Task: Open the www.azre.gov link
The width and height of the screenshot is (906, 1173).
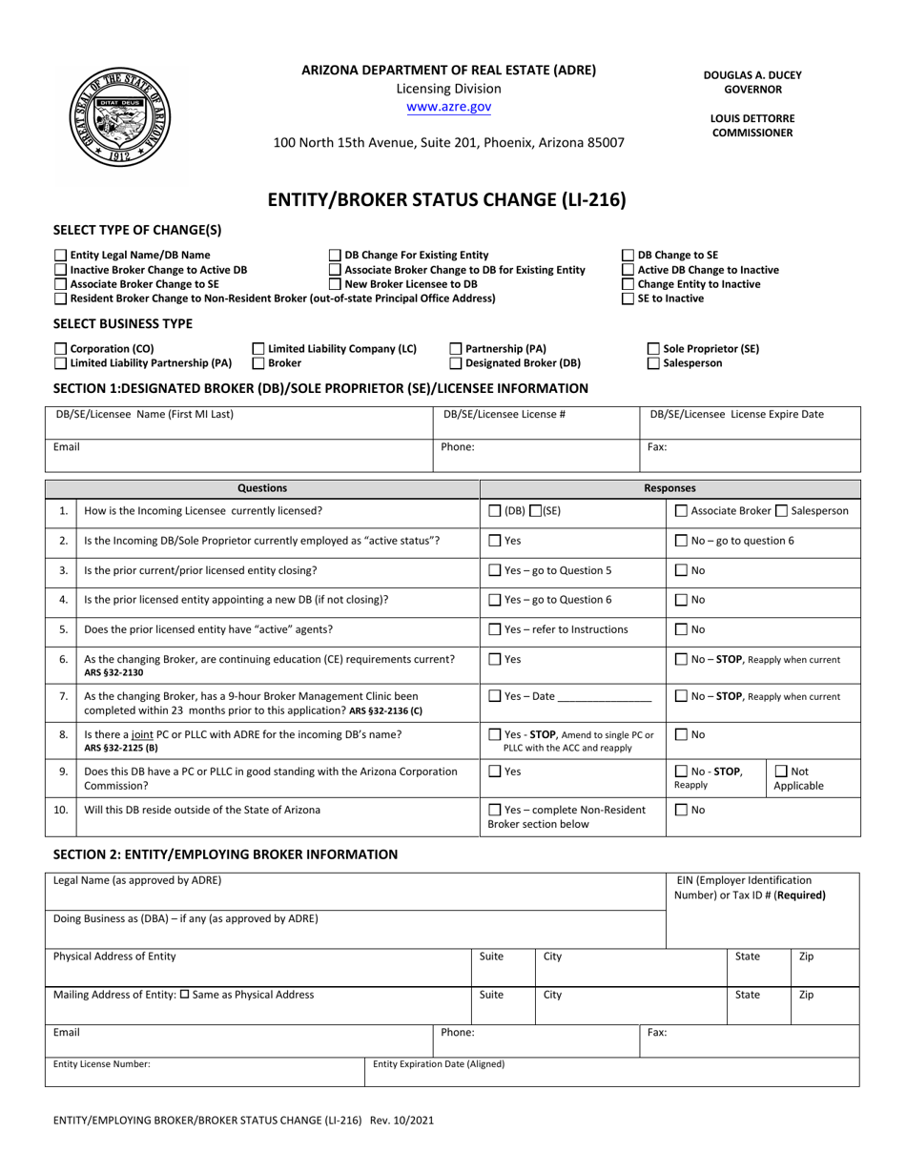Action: pyautogui.click(x=448, y=108)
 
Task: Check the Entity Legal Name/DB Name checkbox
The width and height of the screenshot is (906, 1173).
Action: pyautogui.click(x=61, y=256)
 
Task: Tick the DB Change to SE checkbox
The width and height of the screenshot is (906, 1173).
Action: pyautogui.click(x=628, y=256)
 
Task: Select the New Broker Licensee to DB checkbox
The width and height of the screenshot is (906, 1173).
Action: pyautogui.click(x=335, y=284)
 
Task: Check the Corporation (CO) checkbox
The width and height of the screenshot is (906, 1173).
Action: pyautogui.click(x=61, y=349)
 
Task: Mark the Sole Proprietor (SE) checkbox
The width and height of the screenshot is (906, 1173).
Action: pyautogui.click(x=653, y=349)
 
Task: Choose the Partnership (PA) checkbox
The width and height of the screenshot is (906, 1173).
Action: pyautogui.click(x=456, y=349)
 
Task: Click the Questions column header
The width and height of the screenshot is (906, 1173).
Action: pyautogui.click(x=262, y=488)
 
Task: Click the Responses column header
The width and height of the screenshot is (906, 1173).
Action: pyautogui.click(x=669, y=488)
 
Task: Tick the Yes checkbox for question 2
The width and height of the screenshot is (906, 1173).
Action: pyautogui.click(x=494, y=541)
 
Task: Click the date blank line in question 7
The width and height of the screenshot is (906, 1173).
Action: pyautogui.click(x=604, y=697)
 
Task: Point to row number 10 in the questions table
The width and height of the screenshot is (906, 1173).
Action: pyautogui.click(x=61, y=810)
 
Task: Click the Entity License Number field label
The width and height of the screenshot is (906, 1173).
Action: pyautogui.click(x=101, y=1064)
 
